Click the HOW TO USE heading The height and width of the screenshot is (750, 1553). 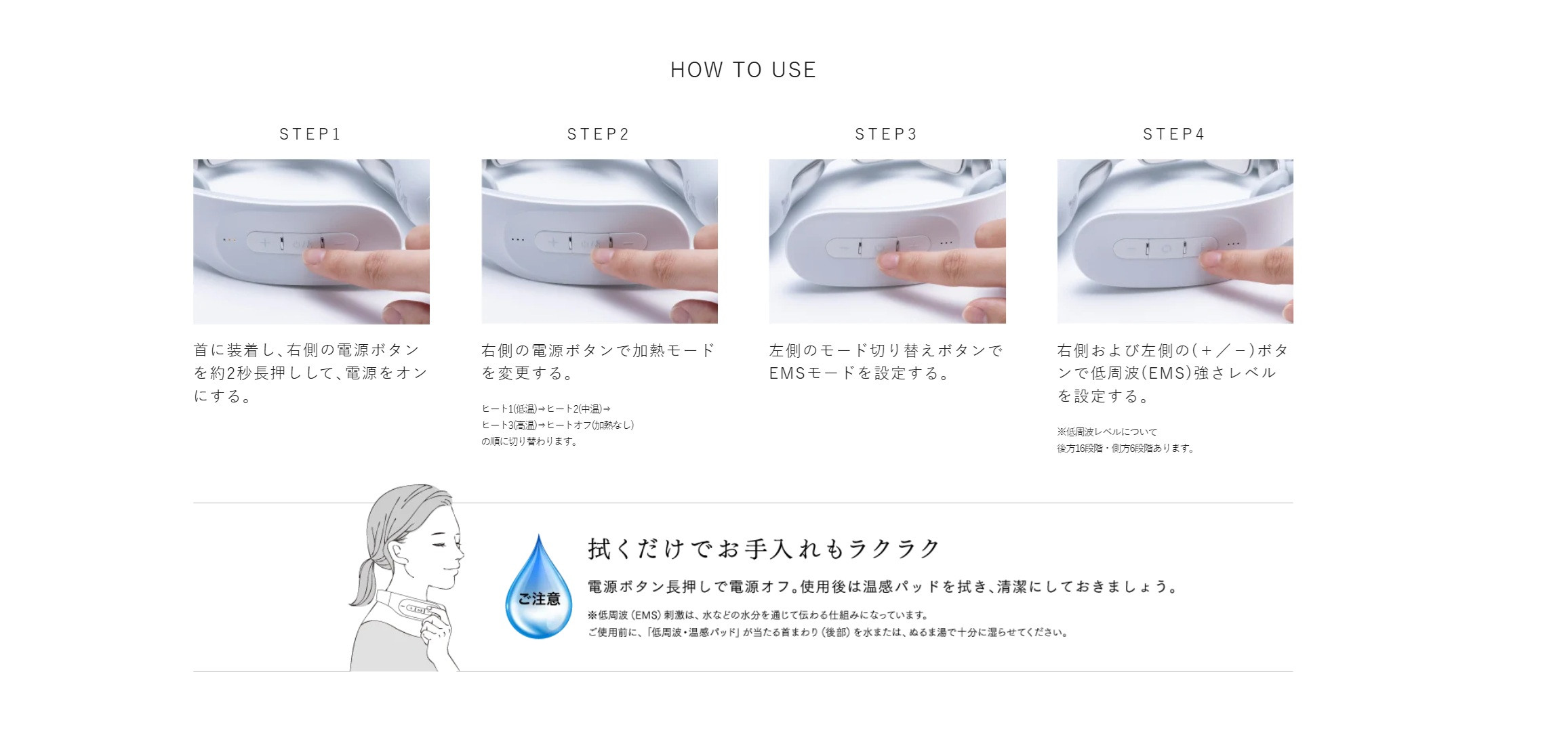coord(743,70)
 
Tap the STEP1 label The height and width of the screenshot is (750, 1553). coord(310,134)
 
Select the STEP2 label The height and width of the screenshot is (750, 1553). coord(599,134)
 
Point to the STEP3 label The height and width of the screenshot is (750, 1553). coord(886,134)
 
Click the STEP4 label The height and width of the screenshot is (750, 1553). coord(1174,134)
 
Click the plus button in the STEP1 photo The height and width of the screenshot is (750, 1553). coord(264,243)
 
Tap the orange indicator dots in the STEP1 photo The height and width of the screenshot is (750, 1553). coord(230,240)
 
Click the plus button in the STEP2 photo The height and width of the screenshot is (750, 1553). coord(552,243)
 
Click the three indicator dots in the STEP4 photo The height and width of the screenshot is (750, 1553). coord(1232,244)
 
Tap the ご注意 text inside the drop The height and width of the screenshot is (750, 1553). coord(540,599)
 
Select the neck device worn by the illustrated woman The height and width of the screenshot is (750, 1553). coord(414,607)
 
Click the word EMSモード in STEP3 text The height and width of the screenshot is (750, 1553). coord(813,373)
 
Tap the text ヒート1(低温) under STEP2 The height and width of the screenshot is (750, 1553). coord(509,409)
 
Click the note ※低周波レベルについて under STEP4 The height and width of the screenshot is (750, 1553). coord(1107,432)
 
